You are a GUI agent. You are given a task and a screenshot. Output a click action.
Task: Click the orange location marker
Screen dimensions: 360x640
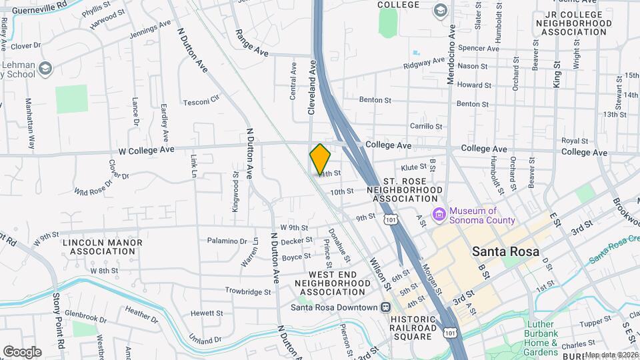click(x=321, y=159)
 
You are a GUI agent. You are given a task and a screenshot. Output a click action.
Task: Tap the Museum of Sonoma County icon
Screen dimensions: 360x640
click(x=439, y=215)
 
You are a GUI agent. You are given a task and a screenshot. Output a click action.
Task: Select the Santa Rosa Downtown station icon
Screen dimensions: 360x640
click(x=385, y=307)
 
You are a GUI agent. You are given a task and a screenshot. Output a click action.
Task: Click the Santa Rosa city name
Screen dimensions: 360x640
click(x=505, y=251)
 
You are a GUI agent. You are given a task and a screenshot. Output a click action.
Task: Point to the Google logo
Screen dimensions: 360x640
click(x=22, y=352)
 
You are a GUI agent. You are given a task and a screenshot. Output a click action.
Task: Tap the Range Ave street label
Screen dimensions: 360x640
click(x=251, y=41)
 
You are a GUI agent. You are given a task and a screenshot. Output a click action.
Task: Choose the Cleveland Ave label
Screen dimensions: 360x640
click(x=311, y=87)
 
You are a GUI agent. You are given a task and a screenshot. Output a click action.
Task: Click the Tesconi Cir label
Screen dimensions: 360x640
click(x=201, y=101)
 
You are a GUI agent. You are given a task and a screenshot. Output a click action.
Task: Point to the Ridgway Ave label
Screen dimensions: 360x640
click(x=424, y=63)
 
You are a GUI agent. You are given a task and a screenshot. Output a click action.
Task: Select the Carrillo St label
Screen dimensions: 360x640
click(x=426, y=126)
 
